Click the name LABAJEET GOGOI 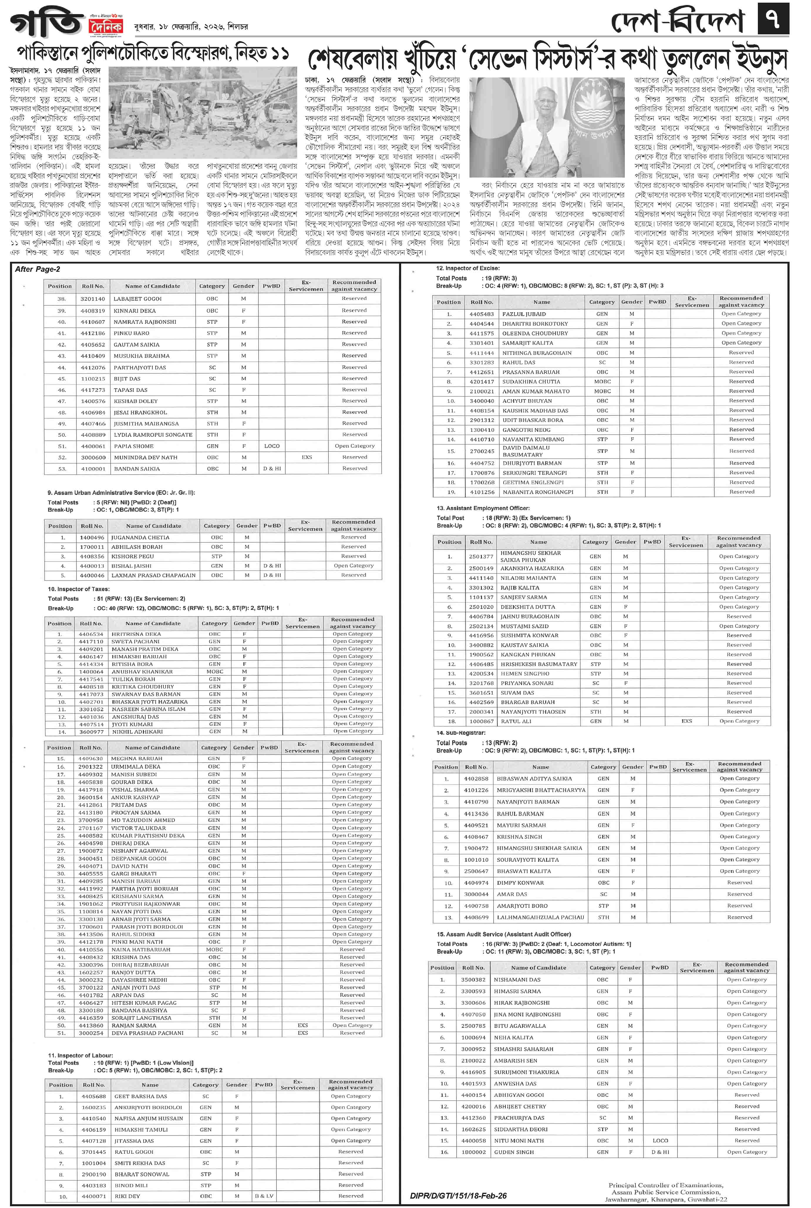(x=138, y=299)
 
